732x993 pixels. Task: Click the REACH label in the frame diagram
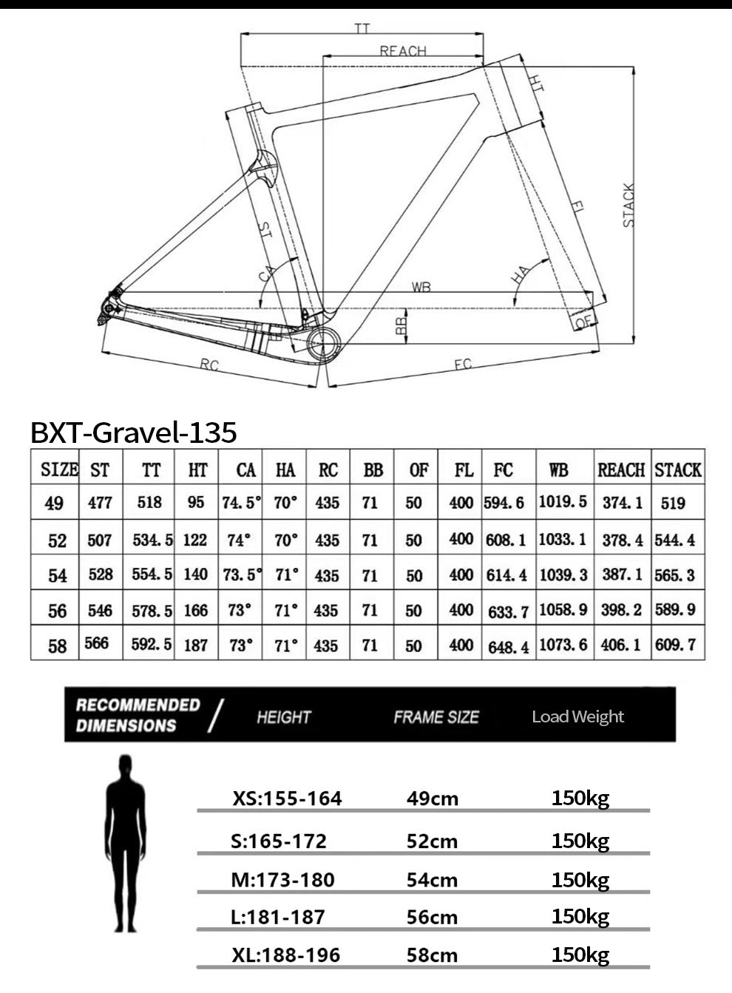coord(403,51)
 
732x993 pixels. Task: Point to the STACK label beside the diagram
coord(628,205)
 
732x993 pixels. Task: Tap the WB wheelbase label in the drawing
coord(421,287)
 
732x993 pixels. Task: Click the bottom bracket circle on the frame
coord(324,345)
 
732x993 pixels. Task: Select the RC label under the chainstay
coord(209,365)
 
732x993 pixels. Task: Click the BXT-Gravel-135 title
coord(134,433)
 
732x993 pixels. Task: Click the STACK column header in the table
coord(678,470)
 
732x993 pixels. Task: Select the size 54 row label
coord(57,575)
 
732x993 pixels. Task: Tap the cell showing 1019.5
coord(563,502)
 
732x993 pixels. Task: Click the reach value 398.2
coord(621,610)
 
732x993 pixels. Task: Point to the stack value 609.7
coord(675,645)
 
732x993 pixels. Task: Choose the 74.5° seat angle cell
coord(241,503)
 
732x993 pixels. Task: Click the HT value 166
coord(196,611)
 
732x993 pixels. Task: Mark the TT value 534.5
coord(152,540)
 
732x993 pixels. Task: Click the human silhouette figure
coord(126,844)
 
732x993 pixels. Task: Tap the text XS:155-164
coord(287,799)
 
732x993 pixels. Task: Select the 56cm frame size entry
coord(432,918)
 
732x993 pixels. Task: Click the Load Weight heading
coord(577,716)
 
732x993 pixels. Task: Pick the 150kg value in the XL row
coord(580,955)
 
